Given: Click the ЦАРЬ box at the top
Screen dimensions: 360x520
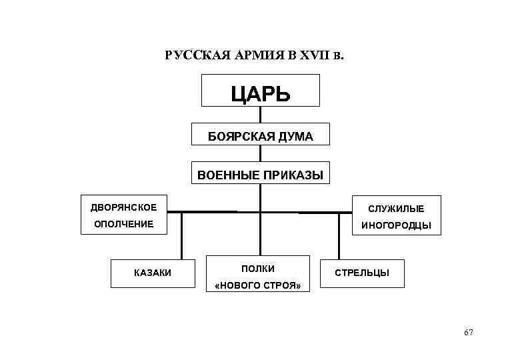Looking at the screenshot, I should (260, 91).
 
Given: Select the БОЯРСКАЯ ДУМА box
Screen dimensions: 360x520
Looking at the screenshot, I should (260, 135).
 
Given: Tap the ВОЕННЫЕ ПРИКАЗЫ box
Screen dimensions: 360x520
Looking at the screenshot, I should (260, 175).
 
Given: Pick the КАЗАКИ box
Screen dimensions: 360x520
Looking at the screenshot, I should (153, 273).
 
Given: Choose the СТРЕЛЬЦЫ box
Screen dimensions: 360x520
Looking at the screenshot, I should (362, 273).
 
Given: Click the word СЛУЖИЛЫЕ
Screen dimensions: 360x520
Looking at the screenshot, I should (396, 209).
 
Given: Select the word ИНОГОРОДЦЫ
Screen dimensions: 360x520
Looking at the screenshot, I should (396, 226).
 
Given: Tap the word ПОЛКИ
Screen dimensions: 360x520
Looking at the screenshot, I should (258, 268).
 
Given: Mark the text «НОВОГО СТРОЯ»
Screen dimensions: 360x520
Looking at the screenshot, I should (259, 287).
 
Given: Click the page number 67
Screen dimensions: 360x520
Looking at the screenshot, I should (468, 333).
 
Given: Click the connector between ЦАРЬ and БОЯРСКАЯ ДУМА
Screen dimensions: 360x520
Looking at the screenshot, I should (260, 115).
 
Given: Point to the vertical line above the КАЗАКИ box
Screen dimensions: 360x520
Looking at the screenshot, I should (181, 235).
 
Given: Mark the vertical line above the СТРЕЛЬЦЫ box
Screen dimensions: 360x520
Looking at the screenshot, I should (338, 236).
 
